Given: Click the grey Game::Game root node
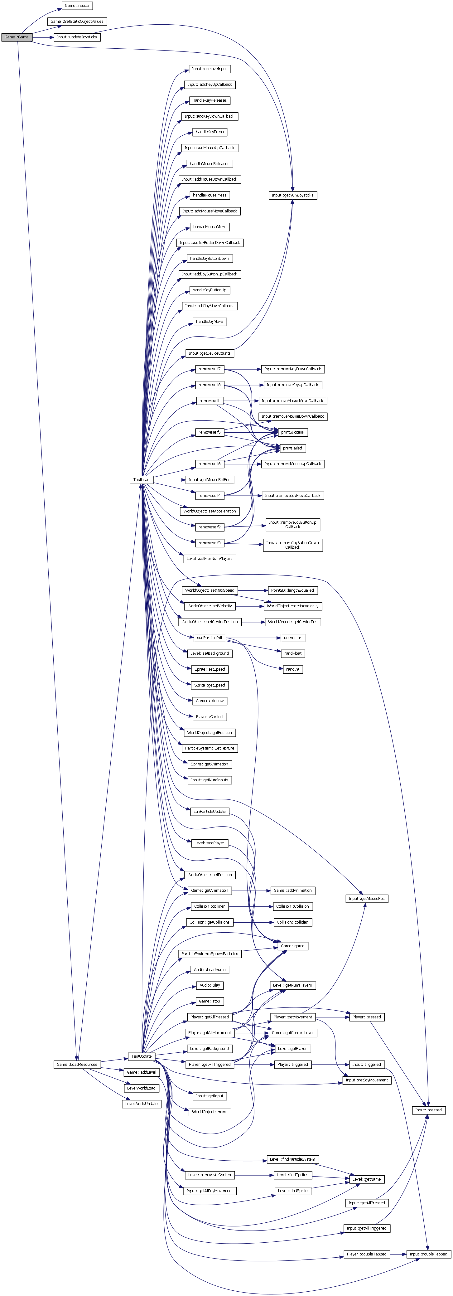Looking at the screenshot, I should pyautogui.click(x=17, y=37).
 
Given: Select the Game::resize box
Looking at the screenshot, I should pyautogui.click(x=77, y=6).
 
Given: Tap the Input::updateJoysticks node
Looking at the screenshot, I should pyautogui.click(x=77, y=37).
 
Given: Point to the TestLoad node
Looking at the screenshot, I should pyautogui.click(x=141, y=479).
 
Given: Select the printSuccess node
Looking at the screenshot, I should pyautogui.click(x=292, y=432).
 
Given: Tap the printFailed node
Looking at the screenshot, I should pyautogui.click(x=292, y=448).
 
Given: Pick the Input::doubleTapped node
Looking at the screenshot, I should pyautogui.click(x=428, y=1254).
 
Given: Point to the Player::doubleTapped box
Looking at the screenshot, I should pyautogui.click(x=367, y=1254).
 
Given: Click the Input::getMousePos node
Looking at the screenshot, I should pyautogui.click(x=367, y=899).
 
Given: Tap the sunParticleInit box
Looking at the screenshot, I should pyautogui.click(x=210, y=638).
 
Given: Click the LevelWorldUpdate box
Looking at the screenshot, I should pyautogui.click(x=141, y=1104).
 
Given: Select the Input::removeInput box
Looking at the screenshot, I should pyautogui.click(x=210, y=69).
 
